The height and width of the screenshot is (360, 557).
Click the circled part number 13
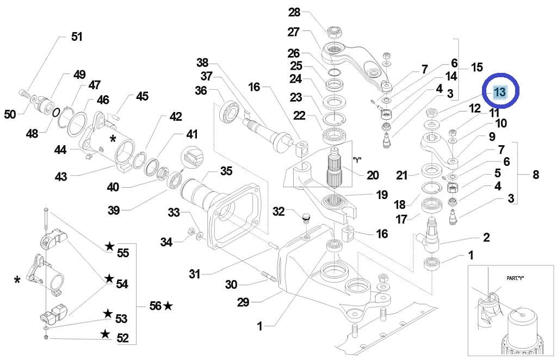[499, 92]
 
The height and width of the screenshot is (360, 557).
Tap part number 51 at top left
[77, 37]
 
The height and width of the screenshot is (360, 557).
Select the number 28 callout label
[294, 13]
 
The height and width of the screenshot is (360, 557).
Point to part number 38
[202, 63]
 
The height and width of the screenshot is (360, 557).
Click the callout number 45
[142, 96]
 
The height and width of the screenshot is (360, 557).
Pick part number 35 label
[226, 171]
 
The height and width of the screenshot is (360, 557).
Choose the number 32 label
[278, 211]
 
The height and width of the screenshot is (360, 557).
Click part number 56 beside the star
[156, 306]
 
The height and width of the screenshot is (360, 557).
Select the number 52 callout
[123, 338]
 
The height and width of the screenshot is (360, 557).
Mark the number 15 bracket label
[476, 67]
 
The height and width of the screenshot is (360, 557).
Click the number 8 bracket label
[536, 175]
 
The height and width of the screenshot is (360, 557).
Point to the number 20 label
[373, 175]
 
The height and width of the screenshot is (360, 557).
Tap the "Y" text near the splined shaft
[357, 160]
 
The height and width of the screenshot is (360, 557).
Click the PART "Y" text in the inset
[511, 278]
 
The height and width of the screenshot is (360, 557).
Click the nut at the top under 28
[334, 28]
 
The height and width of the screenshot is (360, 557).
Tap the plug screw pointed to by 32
[304, 220]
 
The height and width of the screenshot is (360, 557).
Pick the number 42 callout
[176, 116]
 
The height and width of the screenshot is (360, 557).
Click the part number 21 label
[402, 175]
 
